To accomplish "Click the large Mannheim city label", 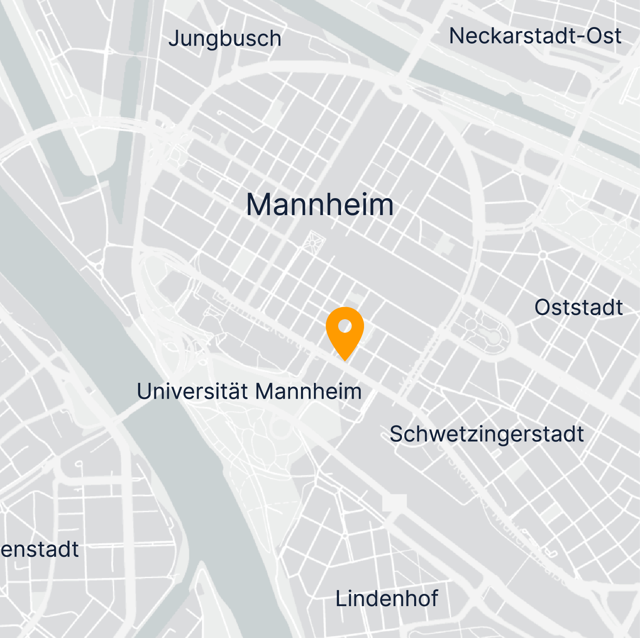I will [x=320, y=205].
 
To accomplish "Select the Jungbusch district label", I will [x=225, y=39].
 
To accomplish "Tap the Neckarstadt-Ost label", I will [x=535, y=36].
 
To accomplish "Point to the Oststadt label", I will [x=578, y=307].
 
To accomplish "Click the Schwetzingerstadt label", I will [x=486, y=434].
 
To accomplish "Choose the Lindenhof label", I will [x=386, y=598].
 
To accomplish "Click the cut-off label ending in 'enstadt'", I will [x=40, y=550].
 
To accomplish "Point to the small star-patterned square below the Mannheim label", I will [x=313, y=242].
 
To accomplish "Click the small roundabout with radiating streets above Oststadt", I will [x=543, y=255].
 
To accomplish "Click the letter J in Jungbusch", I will [x=174, y=39].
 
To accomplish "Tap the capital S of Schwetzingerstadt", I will [x=396, y=434].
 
